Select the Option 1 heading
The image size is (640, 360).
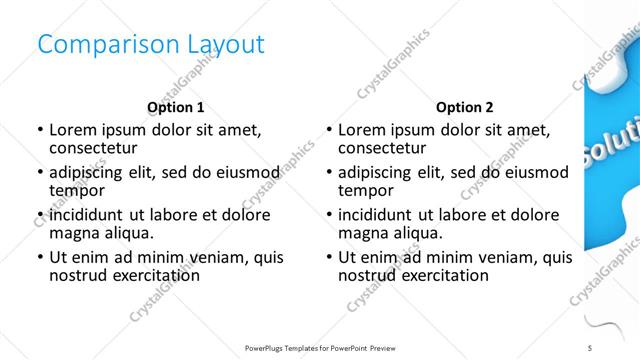[175, 107]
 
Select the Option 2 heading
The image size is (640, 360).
[465, 107]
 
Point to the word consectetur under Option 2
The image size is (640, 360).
[381, 148]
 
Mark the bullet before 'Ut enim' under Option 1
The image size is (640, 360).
[39, 258]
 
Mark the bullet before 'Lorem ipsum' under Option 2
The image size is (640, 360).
[328, 130]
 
